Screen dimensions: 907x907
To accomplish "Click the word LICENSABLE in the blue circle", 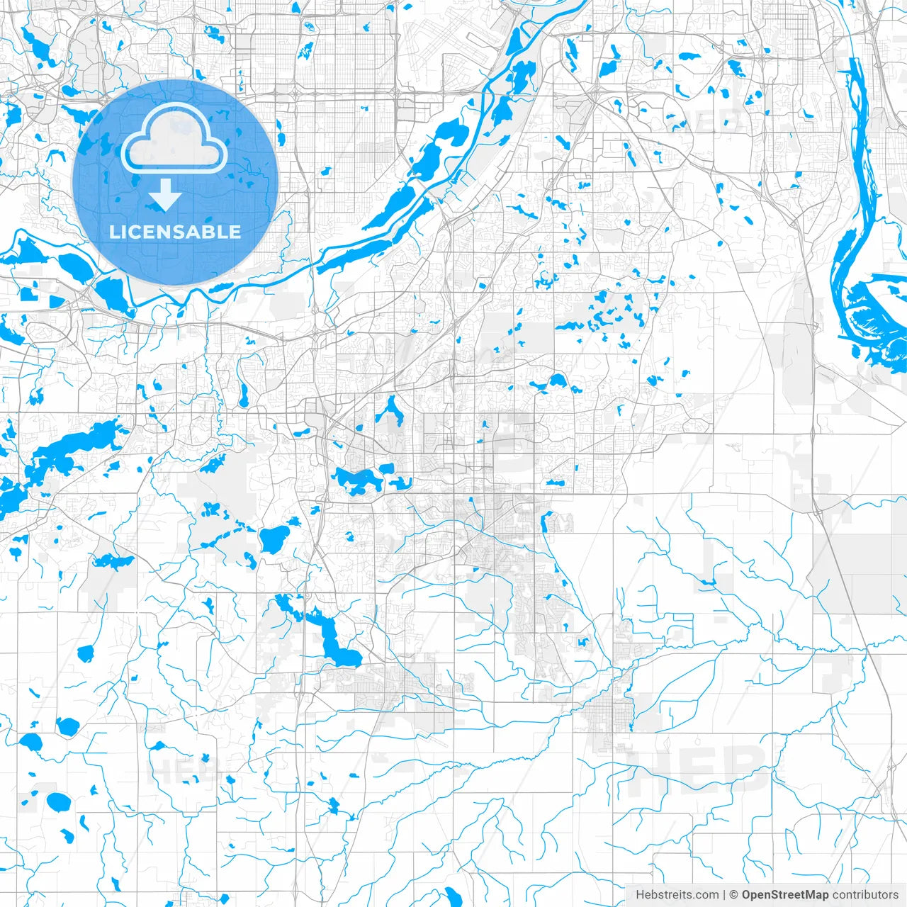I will click(174, 232).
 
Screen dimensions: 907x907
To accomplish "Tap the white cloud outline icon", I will click(174, 137).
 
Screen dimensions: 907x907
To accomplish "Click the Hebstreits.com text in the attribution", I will click(676, 895).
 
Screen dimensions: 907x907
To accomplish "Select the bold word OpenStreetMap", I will click(785, 895).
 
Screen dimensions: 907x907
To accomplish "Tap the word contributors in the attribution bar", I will click(865, 895).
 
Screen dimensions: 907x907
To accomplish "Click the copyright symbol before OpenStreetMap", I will click(734, 895).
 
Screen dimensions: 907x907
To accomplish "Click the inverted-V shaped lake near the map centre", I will click(390, 411).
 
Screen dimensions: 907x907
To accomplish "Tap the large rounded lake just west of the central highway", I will click(274, 539).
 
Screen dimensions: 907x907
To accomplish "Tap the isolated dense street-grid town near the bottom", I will click(607, 716).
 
